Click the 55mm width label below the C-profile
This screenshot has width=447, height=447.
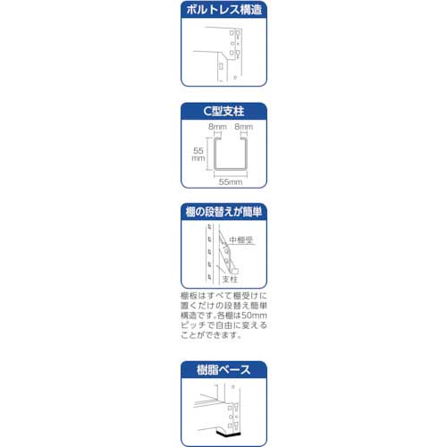click(x=229, y=181)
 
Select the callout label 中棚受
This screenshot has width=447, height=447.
click(x=242, y=239)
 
